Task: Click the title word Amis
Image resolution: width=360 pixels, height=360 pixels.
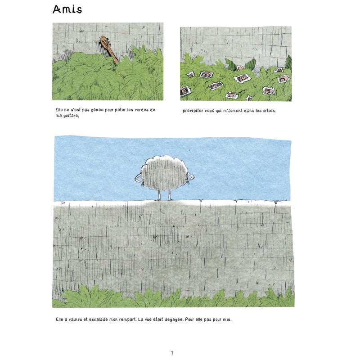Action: [67, 9]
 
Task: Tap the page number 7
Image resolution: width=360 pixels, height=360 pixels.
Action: [172, 353]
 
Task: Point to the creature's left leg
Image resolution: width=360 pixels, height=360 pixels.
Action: [159, 195]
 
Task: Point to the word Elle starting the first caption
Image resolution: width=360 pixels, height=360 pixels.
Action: [59, 110]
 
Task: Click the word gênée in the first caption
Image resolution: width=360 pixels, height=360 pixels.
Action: [97, 110]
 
